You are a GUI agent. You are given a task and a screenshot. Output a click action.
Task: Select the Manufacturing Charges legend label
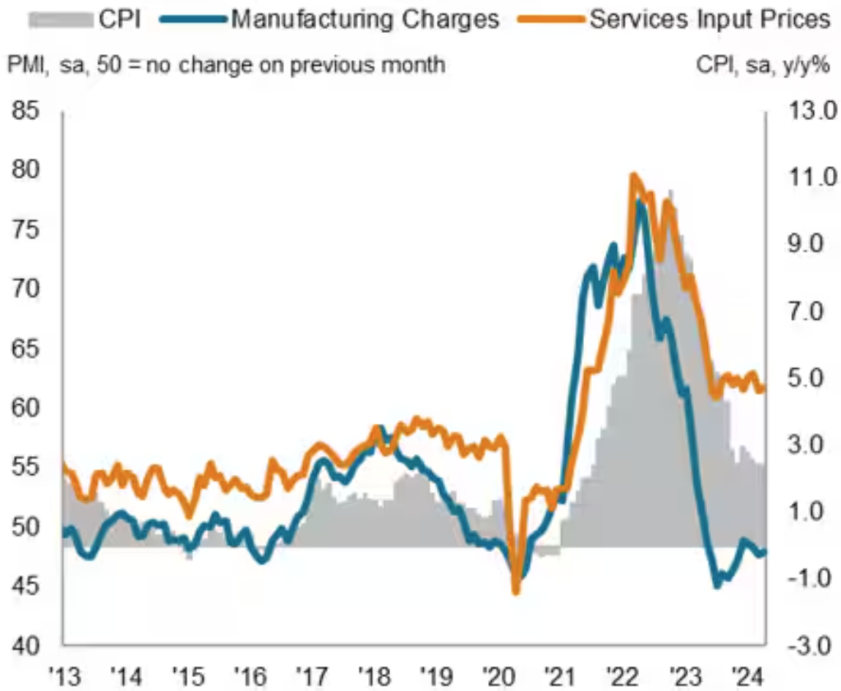(x=365, y=19)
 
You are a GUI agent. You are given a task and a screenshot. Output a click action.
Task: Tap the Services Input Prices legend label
(x=709, y=19)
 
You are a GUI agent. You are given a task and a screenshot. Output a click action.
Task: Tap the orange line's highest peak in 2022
(x=632, y=175)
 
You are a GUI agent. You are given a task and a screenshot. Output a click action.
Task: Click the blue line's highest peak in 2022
(x=640, y=202)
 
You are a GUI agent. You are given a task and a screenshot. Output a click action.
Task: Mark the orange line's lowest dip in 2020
(x=517, y=591)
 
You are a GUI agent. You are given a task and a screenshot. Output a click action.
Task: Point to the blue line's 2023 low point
(x=716, y=584)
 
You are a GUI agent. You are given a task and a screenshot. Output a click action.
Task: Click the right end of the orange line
(x=763, y=389)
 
